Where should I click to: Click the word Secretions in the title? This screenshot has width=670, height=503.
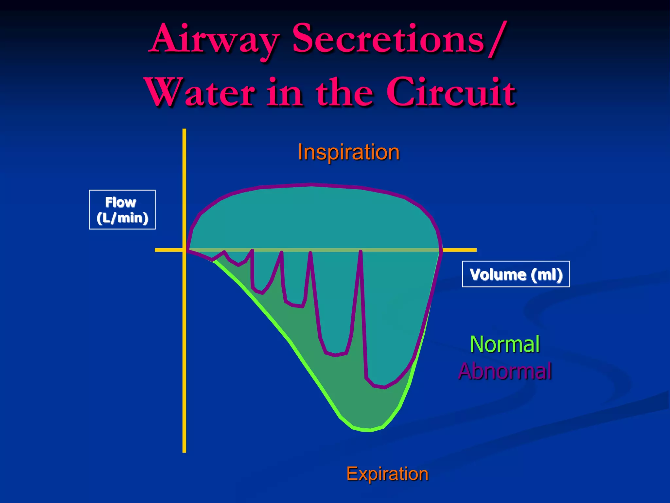388,39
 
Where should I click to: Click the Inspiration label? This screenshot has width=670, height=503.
348,152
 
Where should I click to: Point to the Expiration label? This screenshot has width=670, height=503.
387,474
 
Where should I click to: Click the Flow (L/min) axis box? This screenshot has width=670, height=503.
122,210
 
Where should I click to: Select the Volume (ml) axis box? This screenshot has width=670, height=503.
516,274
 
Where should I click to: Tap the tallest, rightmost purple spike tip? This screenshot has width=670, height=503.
361,252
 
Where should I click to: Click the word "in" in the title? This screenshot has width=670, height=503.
284,92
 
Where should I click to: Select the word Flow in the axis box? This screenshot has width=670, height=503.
121,202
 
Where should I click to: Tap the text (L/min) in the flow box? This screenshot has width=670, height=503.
122,218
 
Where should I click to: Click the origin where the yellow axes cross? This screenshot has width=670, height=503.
184,250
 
